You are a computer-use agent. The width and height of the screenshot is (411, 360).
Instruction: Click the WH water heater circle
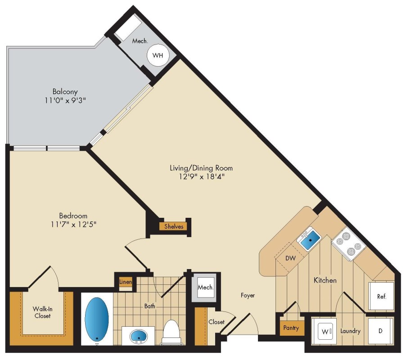[158, 55]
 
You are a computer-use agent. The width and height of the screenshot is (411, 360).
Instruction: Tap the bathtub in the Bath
[97, 318]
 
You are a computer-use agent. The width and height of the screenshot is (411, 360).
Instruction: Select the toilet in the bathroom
[171, 332]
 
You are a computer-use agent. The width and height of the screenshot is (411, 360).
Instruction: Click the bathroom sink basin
[139, 336]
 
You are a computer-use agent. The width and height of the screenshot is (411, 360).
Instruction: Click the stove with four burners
[348, 244]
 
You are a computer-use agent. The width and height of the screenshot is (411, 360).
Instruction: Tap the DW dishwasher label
[290, 258]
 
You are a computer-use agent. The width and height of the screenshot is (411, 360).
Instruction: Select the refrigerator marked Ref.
[381, 297]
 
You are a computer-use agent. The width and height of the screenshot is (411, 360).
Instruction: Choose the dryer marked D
[380, 331]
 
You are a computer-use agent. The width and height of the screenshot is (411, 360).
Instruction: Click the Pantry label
[291, 328]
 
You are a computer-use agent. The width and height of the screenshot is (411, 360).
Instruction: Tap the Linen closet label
[126, 282]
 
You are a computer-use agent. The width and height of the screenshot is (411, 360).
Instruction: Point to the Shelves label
[173, 226]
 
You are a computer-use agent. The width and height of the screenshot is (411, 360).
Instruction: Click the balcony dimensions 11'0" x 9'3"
[65, 100]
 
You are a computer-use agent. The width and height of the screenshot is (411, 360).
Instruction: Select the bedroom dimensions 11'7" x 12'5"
[74, 225]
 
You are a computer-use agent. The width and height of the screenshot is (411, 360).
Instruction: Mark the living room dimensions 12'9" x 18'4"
[202, 176]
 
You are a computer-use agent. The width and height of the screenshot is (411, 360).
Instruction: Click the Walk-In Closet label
[42, 312]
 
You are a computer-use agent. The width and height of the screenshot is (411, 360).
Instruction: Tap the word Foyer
[248, 296]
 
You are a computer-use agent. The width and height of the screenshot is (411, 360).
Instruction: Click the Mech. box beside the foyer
[205, 288]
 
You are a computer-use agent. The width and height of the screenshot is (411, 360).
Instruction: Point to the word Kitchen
[325, 280]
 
